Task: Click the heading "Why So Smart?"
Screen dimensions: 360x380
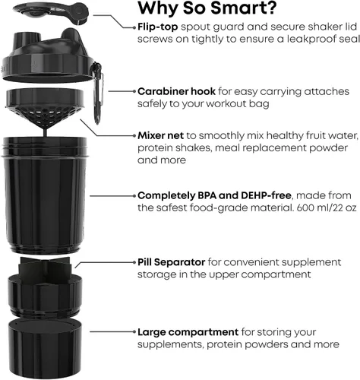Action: pos(207,8)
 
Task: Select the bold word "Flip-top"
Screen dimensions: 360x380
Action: pos(158,27)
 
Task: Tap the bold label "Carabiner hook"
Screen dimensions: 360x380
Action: pos(176,91)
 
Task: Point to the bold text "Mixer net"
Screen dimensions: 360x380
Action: pos(160,135)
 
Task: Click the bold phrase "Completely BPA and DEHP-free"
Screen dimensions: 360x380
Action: pos(214,195)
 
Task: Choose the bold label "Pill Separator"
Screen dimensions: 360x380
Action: pos(172,262)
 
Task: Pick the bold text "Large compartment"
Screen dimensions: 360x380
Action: pos(188,332)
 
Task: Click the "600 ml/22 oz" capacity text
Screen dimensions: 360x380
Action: pos(327,208)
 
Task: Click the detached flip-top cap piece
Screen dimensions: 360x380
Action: pos(51,12)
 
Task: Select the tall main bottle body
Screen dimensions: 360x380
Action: pos(44,195)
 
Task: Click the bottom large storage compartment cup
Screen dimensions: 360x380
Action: pos(45,348)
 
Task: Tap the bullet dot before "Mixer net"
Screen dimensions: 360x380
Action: pos(134,136)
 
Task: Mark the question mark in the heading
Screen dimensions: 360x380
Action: pos(270,8)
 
